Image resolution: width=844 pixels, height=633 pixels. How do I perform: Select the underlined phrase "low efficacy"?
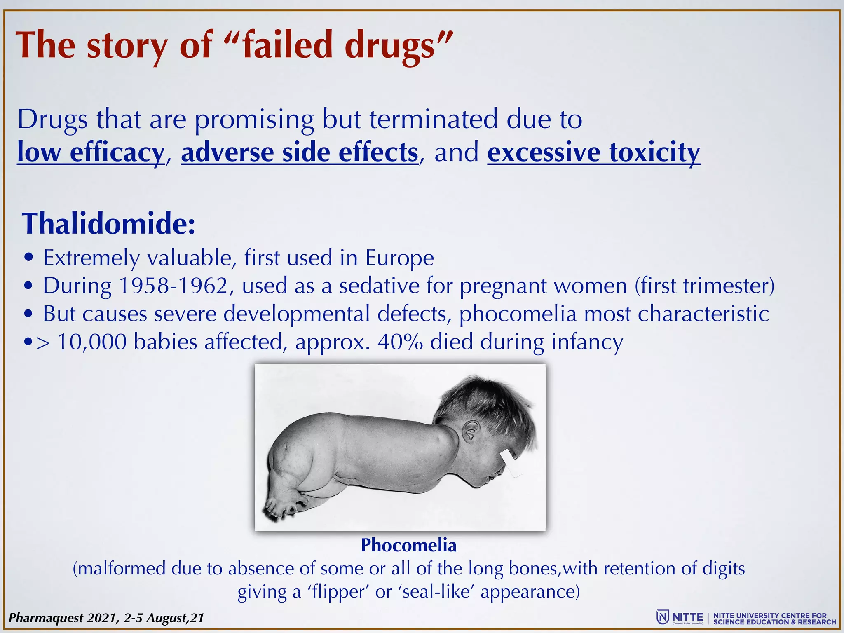pos(91,152)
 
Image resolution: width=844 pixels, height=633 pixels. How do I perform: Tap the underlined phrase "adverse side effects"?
pos(300,152)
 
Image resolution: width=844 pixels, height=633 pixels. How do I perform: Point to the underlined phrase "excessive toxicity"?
pos(593,152)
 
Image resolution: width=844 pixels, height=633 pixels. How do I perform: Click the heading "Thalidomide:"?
pos(109,224)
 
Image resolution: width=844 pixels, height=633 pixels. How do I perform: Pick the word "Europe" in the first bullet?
pos(399,258)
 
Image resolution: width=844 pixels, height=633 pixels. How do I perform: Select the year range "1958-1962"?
pos(173,286)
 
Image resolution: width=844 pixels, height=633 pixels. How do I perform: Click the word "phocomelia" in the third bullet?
pos(518,314)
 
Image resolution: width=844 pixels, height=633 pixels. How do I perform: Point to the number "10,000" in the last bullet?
pos(91,342)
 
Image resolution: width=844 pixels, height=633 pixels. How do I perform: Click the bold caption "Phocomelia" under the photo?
pos(408,545)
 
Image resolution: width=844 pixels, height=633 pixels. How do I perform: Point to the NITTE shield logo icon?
pos(662,617)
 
